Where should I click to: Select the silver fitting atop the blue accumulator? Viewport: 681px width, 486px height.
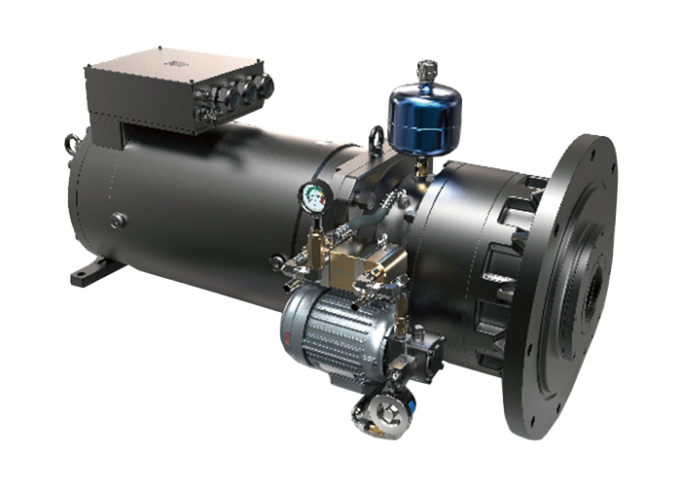pos(425,70)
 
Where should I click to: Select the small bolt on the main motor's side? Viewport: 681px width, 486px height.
pos(118,221)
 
